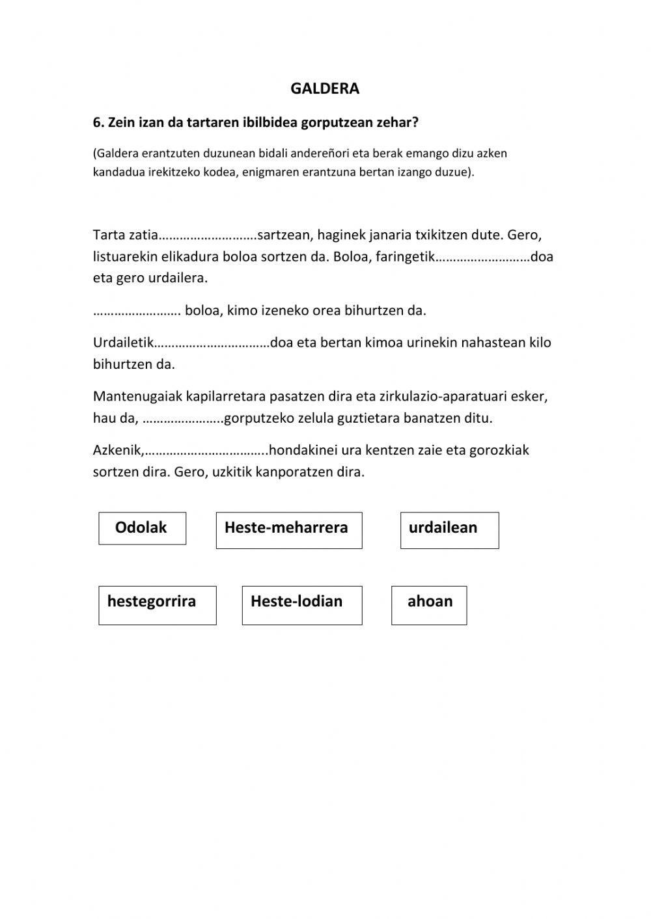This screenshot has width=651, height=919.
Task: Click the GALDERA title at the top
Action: click(x=325, y=89)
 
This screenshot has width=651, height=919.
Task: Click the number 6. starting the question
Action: click(x=99, y=123)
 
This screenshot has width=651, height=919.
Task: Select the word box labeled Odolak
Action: click(x=142, y=528)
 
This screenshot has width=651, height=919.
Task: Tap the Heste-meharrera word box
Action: click(x=288, y=529)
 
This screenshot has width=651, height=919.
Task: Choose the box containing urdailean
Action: click(x=449, y=529)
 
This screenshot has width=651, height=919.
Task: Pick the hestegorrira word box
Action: click(x=157, y=604)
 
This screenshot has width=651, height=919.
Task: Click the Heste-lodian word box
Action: click(x=301, y=604)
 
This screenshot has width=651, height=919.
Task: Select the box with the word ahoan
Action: click(x=429, y=604)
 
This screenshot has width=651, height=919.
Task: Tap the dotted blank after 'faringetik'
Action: click(x=482, y=258)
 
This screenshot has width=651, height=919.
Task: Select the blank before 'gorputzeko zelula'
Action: click(x=183, y=419)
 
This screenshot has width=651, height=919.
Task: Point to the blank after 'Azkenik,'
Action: click(x=206, y=451)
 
